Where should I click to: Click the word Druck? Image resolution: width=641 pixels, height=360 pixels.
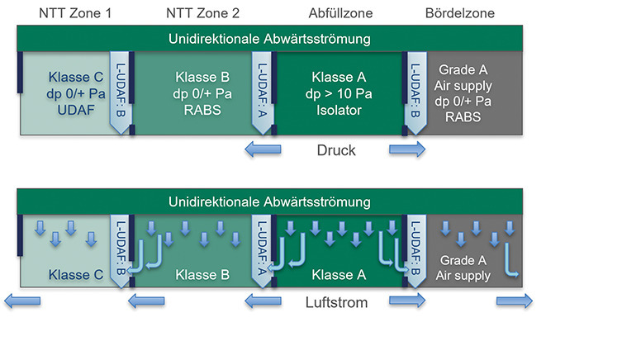[x=336, y=150]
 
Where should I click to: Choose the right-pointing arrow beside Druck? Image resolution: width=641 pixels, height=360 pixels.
[x=407, y=149]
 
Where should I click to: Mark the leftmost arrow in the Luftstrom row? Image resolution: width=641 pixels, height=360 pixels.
[x=21, y=301]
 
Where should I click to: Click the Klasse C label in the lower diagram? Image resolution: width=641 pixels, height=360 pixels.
[x=73, y=274]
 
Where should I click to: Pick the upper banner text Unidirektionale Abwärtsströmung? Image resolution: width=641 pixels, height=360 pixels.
[x=269, y=39]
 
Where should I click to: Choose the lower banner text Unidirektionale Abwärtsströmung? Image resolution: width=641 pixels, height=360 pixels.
[x=269, y=201]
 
